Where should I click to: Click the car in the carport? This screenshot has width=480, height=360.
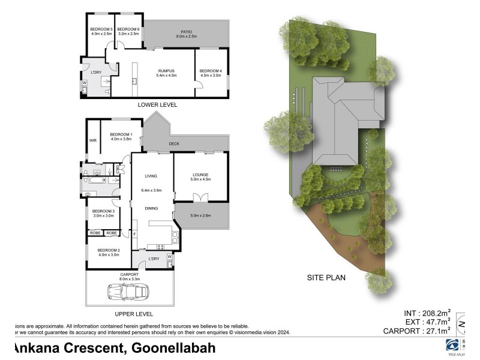click(129, 292)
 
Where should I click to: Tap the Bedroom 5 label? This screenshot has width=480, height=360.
click(101, 29)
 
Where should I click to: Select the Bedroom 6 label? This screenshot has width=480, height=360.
click(127, 29)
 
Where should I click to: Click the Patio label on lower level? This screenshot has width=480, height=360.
click(186, 32)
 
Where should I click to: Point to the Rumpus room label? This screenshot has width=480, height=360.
click(166, 71)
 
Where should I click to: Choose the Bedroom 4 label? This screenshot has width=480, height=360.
click(211, 71)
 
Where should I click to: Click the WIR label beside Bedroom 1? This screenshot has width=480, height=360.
click(93, 140)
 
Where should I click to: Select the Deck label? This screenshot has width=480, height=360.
click(174, 144)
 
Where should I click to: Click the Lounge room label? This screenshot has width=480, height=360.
click(201, 175)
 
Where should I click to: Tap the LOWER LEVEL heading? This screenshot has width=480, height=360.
click(157, 104)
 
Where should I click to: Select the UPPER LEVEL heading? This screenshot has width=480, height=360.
click(133, 314)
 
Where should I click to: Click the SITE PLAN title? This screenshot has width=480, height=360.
click(326, 278)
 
